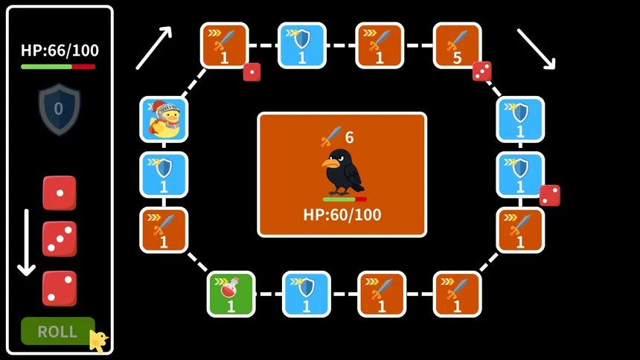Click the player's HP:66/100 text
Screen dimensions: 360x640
pos(60,51)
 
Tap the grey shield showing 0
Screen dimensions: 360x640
pos(60,109)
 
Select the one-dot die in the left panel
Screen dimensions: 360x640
pos(60,193)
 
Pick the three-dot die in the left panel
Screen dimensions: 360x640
pos(60,239)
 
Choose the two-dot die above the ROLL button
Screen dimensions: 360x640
pos(60,288)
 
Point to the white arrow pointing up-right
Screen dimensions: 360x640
pos(154,48)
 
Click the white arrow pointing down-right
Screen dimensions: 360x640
pos(536,49)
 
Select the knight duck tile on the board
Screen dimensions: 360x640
pos(164,120)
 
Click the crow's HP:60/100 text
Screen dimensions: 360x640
pos(342,215)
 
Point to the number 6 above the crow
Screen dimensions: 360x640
pos(349,138)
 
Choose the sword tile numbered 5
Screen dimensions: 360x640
pos(457,45)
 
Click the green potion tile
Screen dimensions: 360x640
pos(231,294)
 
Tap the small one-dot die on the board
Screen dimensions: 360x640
pos(252,72)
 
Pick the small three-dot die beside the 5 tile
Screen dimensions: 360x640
pos(481,71)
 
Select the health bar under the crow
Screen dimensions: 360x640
pos(345,199)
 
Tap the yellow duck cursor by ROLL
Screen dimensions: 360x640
pos(99,341)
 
